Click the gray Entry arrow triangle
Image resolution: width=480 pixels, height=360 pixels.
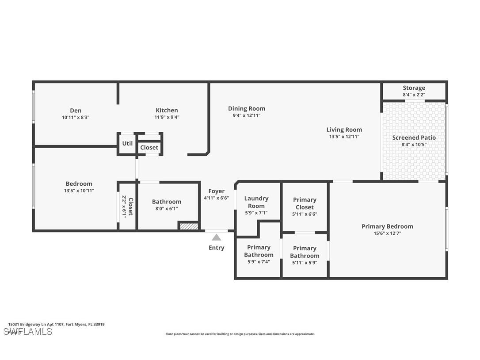pyautogui.click(x=217, y=237)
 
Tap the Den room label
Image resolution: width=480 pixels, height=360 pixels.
pyautogui.click(x=76, y=111)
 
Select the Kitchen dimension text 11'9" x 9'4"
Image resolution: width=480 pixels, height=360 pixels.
pyautogui.click(x=167, y=117)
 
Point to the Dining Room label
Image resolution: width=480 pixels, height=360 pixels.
pyautogui.click(x=247, y=108)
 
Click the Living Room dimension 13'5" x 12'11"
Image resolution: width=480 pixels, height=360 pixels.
pyautogui.click(x=344, y=137)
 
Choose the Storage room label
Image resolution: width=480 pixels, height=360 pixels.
pyautogui.click(x=414, y=88)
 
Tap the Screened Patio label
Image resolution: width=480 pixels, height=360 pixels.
pyautogui.click(x=414, y=138)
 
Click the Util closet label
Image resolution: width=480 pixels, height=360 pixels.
pyautogui.click(x=127, y=143)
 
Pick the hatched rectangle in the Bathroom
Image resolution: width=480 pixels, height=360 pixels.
pyautogui.click(x=189, y=226)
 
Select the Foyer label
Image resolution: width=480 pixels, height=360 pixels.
pyautogui.click(x=217, y=191)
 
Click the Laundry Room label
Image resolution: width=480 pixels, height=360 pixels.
pyautogui.click(x=256, y=202)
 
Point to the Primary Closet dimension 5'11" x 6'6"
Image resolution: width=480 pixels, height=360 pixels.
pyautogui.click(x=305, y=214)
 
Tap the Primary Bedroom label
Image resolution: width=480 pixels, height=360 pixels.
pyautogui.click(x=387, y=226)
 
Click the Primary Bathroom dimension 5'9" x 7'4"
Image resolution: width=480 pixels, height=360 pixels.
pyautogui.click(x=259, y=262)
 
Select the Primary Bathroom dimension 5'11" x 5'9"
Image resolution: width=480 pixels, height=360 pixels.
pyautogui.click(x=305, y=263)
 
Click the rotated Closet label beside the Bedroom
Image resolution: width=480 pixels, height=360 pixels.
pyautogui.click(x=131, y=207)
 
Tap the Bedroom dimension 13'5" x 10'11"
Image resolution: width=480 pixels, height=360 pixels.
pyautogui.click(x=79, y=191)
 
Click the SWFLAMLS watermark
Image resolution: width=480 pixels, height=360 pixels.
pyautogui.click(x=27, y=332)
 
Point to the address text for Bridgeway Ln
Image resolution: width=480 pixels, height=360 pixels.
pyautogui.click(x=56, y=324)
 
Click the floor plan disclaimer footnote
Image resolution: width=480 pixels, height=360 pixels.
pyautogui.click(x=240, y=334)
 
